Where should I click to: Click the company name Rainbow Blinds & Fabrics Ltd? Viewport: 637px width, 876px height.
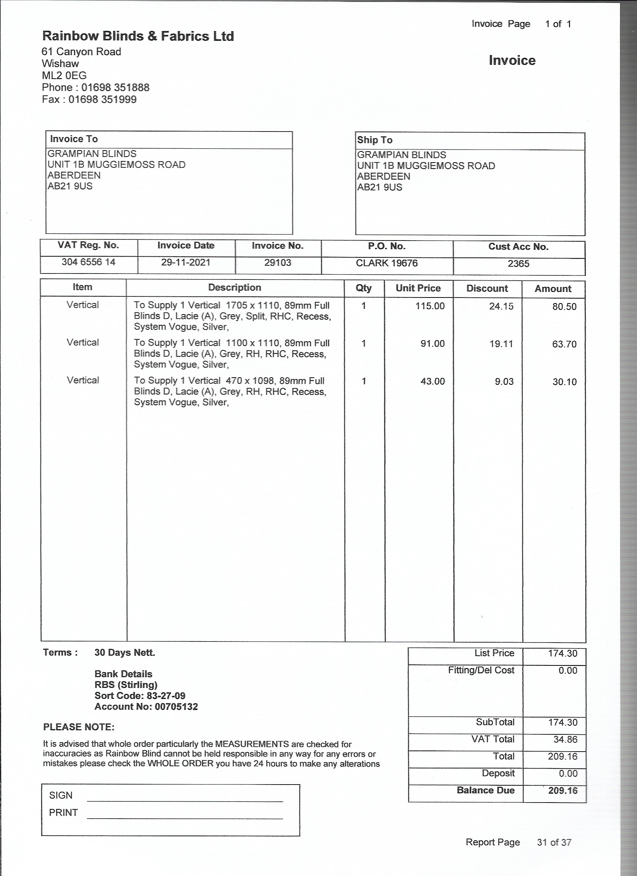point(138,36)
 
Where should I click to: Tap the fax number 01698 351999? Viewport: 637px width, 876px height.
point(102,100)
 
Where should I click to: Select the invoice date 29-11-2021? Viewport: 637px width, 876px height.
point(185,263)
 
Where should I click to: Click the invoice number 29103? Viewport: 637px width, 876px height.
point(277,263)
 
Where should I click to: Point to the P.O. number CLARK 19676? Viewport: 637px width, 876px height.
point(387,263)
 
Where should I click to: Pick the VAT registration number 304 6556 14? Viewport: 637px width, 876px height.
point(88,262)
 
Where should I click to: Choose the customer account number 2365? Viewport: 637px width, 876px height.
point(519,264)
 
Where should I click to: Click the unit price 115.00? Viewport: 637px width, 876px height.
point(430,306)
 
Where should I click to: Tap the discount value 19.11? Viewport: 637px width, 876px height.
point(501,344)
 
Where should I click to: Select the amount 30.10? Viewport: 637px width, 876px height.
point(564,382)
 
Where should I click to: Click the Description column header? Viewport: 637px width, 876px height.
point(235,288)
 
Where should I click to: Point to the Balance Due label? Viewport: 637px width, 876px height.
point(486,790)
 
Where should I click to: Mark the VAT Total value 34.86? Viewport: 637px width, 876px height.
point(565,739)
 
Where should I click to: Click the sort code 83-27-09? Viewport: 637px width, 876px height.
point(166,696)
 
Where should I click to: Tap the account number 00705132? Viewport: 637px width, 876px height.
point(176,707)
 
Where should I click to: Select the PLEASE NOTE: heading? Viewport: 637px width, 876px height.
point(79,727)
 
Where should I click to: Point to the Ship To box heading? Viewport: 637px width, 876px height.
point(374,140)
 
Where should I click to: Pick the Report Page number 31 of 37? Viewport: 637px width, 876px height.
point(553,842)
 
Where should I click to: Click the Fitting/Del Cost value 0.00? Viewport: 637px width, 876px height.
point(567,671)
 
